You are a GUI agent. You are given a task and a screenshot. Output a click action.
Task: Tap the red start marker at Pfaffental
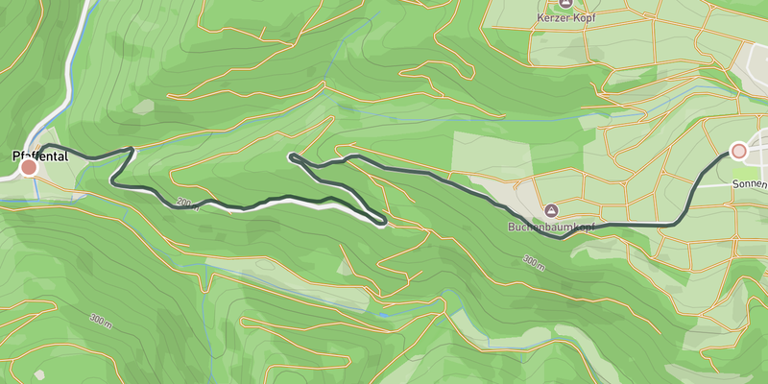pyautogui.click(x=29, y=168)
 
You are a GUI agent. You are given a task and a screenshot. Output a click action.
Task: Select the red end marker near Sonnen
pyautogui.click(x=738, y=151)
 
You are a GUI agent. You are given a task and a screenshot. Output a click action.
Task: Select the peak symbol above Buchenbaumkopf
pyautogui.click(x=551, y=210)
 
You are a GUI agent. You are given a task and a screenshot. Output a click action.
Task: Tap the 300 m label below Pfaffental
pyautogui.click(x=100, y=319)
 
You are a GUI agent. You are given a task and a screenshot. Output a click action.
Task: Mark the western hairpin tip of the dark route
pyautogui.click(x=291, y=156)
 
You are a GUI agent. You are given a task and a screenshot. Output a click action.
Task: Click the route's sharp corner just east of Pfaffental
pyautogui.click(x=132, y=149)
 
